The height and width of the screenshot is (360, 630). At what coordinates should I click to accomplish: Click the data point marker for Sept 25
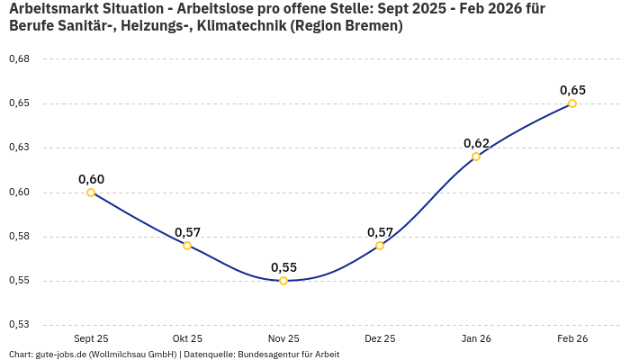click(91, 193)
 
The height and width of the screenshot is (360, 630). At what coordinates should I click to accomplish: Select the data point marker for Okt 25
click(187, 246)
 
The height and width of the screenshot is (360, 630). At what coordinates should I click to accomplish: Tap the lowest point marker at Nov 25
click(283, 281)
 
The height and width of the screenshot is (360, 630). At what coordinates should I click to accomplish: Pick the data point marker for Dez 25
click(380, 246)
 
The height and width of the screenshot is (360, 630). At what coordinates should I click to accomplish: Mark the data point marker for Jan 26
click(476, 157)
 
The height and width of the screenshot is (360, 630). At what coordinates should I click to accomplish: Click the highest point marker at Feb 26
click(572, 103)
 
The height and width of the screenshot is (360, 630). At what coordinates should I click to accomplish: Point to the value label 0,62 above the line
click(476, 144)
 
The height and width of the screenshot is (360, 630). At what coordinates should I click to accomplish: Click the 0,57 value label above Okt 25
click(187, 232)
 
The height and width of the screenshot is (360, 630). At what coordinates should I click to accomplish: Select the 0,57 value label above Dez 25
click(380, 232)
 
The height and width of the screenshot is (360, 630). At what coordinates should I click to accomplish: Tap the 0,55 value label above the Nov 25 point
click(283, 267)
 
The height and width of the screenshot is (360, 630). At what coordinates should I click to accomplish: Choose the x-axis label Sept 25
click(91, 338)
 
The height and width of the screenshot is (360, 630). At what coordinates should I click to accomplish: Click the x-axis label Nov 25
click(283, 338)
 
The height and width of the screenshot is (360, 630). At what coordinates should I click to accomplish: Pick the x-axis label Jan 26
click(476, 338)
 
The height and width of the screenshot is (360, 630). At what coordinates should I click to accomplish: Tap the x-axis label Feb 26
click(572, 338)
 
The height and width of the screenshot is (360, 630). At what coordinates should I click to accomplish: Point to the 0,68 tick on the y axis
click(19, 59)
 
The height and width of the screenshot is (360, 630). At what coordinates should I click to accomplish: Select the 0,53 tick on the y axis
click(19, 324)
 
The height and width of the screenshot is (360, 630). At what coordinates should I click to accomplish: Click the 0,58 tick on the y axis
click(19, 237)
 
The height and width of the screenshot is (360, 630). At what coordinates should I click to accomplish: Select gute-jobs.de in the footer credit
click(61, 355)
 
